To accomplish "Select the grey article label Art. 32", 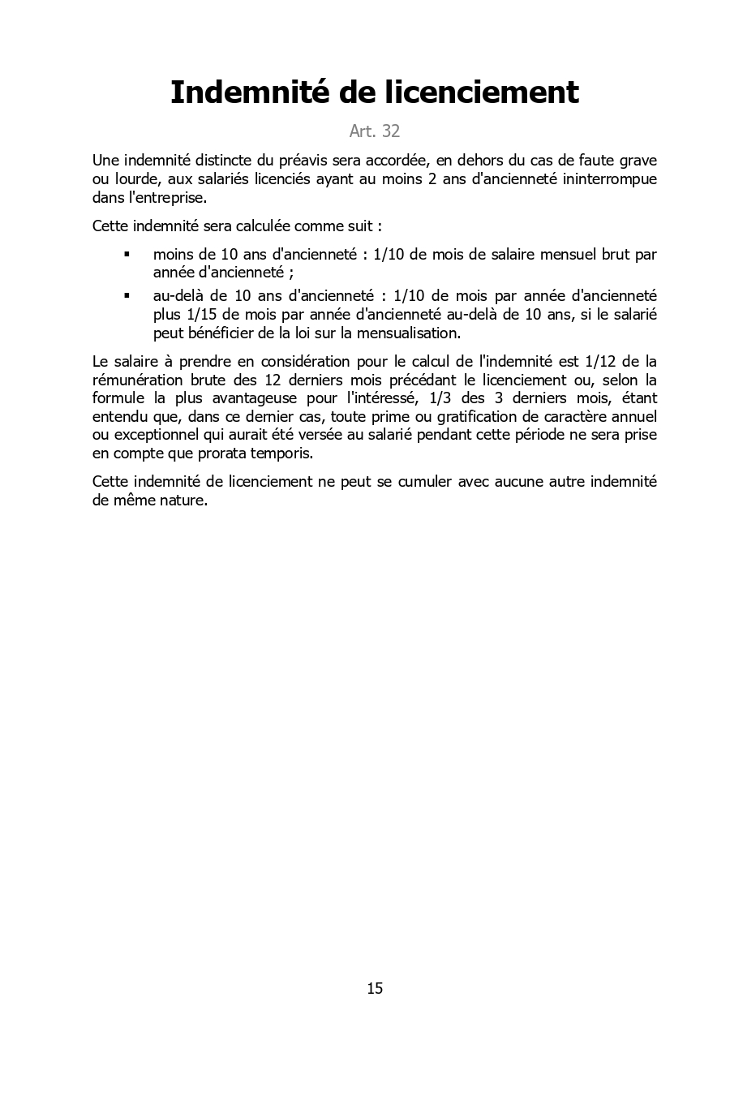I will [374, 131].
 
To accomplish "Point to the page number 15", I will [375, 988].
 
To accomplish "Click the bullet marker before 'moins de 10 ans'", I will [127, 255].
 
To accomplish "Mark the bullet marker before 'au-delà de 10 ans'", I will [127, 296].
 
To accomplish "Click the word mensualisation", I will [409, 333].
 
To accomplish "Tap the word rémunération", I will [137, 380].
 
